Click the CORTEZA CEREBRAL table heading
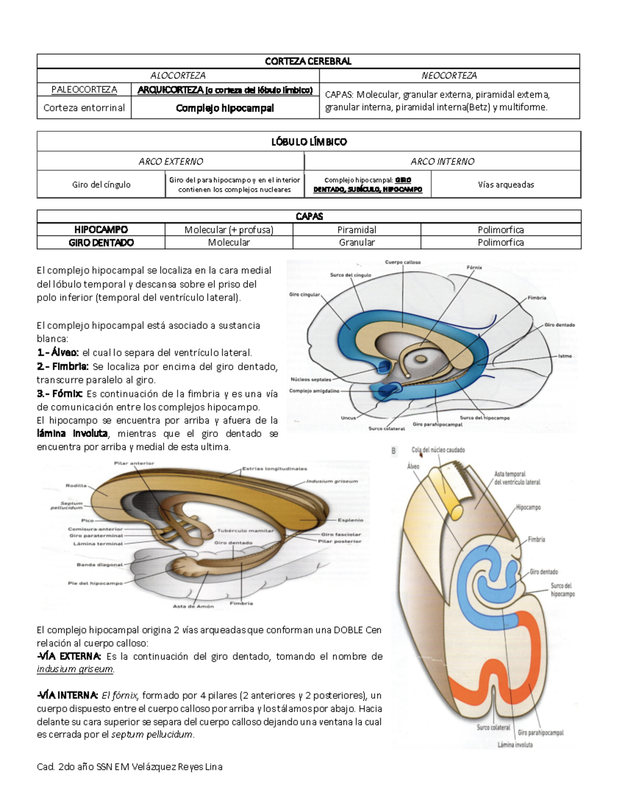(308, 61)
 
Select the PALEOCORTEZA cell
(84, 90)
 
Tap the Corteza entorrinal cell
(84, 108)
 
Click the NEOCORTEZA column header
(449, 76)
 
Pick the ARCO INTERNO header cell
(442, 161)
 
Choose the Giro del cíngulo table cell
(101, 184)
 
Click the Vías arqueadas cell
(506, 184)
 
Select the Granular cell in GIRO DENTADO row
(357, 242)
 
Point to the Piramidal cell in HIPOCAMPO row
(357, 230)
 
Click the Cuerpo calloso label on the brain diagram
(403, 263)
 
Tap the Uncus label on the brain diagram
(348, 418)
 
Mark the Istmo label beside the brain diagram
(565, 356)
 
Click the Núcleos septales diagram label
(311, 380)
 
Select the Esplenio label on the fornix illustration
(350, 520)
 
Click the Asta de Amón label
(193, 606)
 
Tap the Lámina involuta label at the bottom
(515, 745)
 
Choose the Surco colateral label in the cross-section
(493, 727)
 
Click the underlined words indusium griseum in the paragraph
(75, 669)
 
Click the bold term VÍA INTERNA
(68, 695)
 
